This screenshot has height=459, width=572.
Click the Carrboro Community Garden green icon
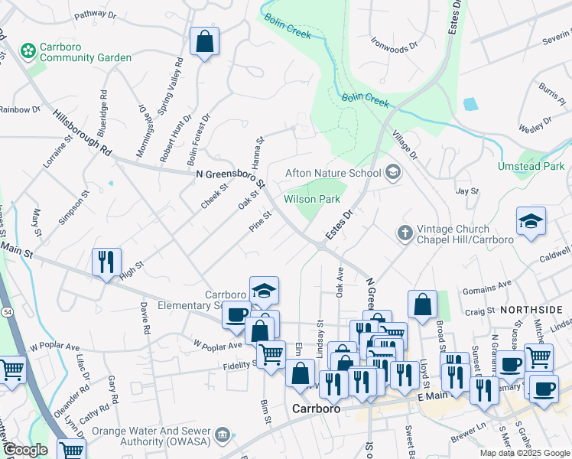28,50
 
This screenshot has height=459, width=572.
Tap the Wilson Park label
311,199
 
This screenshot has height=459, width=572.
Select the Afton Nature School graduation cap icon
393,173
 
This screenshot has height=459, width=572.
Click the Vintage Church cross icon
405,231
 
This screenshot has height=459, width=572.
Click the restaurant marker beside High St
106,262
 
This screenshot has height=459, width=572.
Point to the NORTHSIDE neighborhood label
531,310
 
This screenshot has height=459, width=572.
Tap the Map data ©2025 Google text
525,453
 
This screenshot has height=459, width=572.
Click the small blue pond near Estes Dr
470,103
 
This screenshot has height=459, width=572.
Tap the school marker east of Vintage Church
531,222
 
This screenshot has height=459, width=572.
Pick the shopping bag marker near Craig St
422,305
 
